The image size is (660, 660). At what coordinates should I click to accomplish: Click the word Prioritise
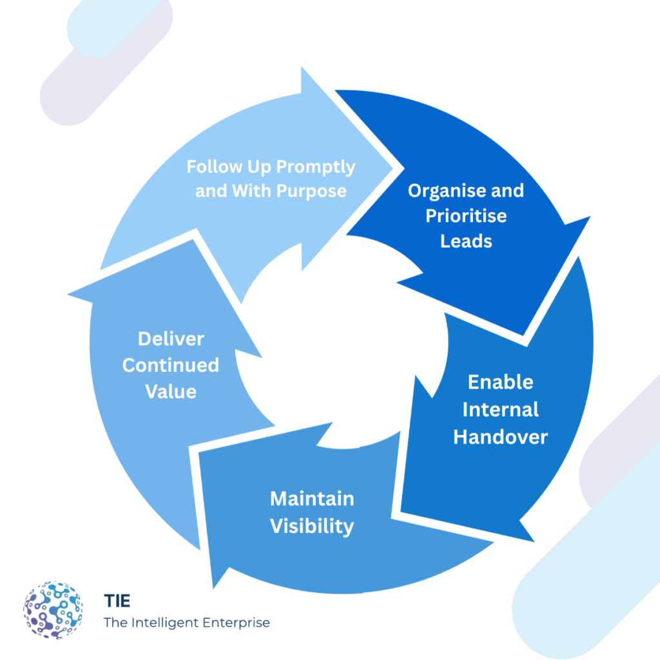(466, 215)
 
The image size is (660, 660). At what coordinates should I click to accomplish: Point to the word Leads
(466, 240)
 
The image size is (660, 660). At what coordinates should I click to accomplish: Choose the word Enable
(500, 382)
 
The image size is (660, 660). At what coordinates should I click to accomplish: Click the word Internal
(500, 409)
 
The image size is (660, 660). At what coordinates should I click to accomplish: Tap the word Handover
(500, 437)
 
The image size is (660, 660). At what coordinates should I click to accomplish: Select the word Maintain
(312, 499)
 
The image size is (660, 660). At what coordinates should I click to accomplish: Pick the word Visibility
(312, 526)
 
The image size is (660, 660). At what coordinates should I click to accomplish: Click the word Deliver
(171, 339)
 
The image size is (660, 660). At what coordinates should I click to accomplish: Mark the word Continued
(171, 365)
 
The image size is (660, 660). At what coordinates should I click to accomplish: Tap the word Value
(171, 392)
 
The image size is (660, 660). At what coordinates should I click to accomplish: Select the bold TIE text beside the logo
(117, 601)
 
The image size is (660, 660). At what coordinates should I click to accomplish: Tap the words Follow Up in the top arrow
(220, 168)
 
